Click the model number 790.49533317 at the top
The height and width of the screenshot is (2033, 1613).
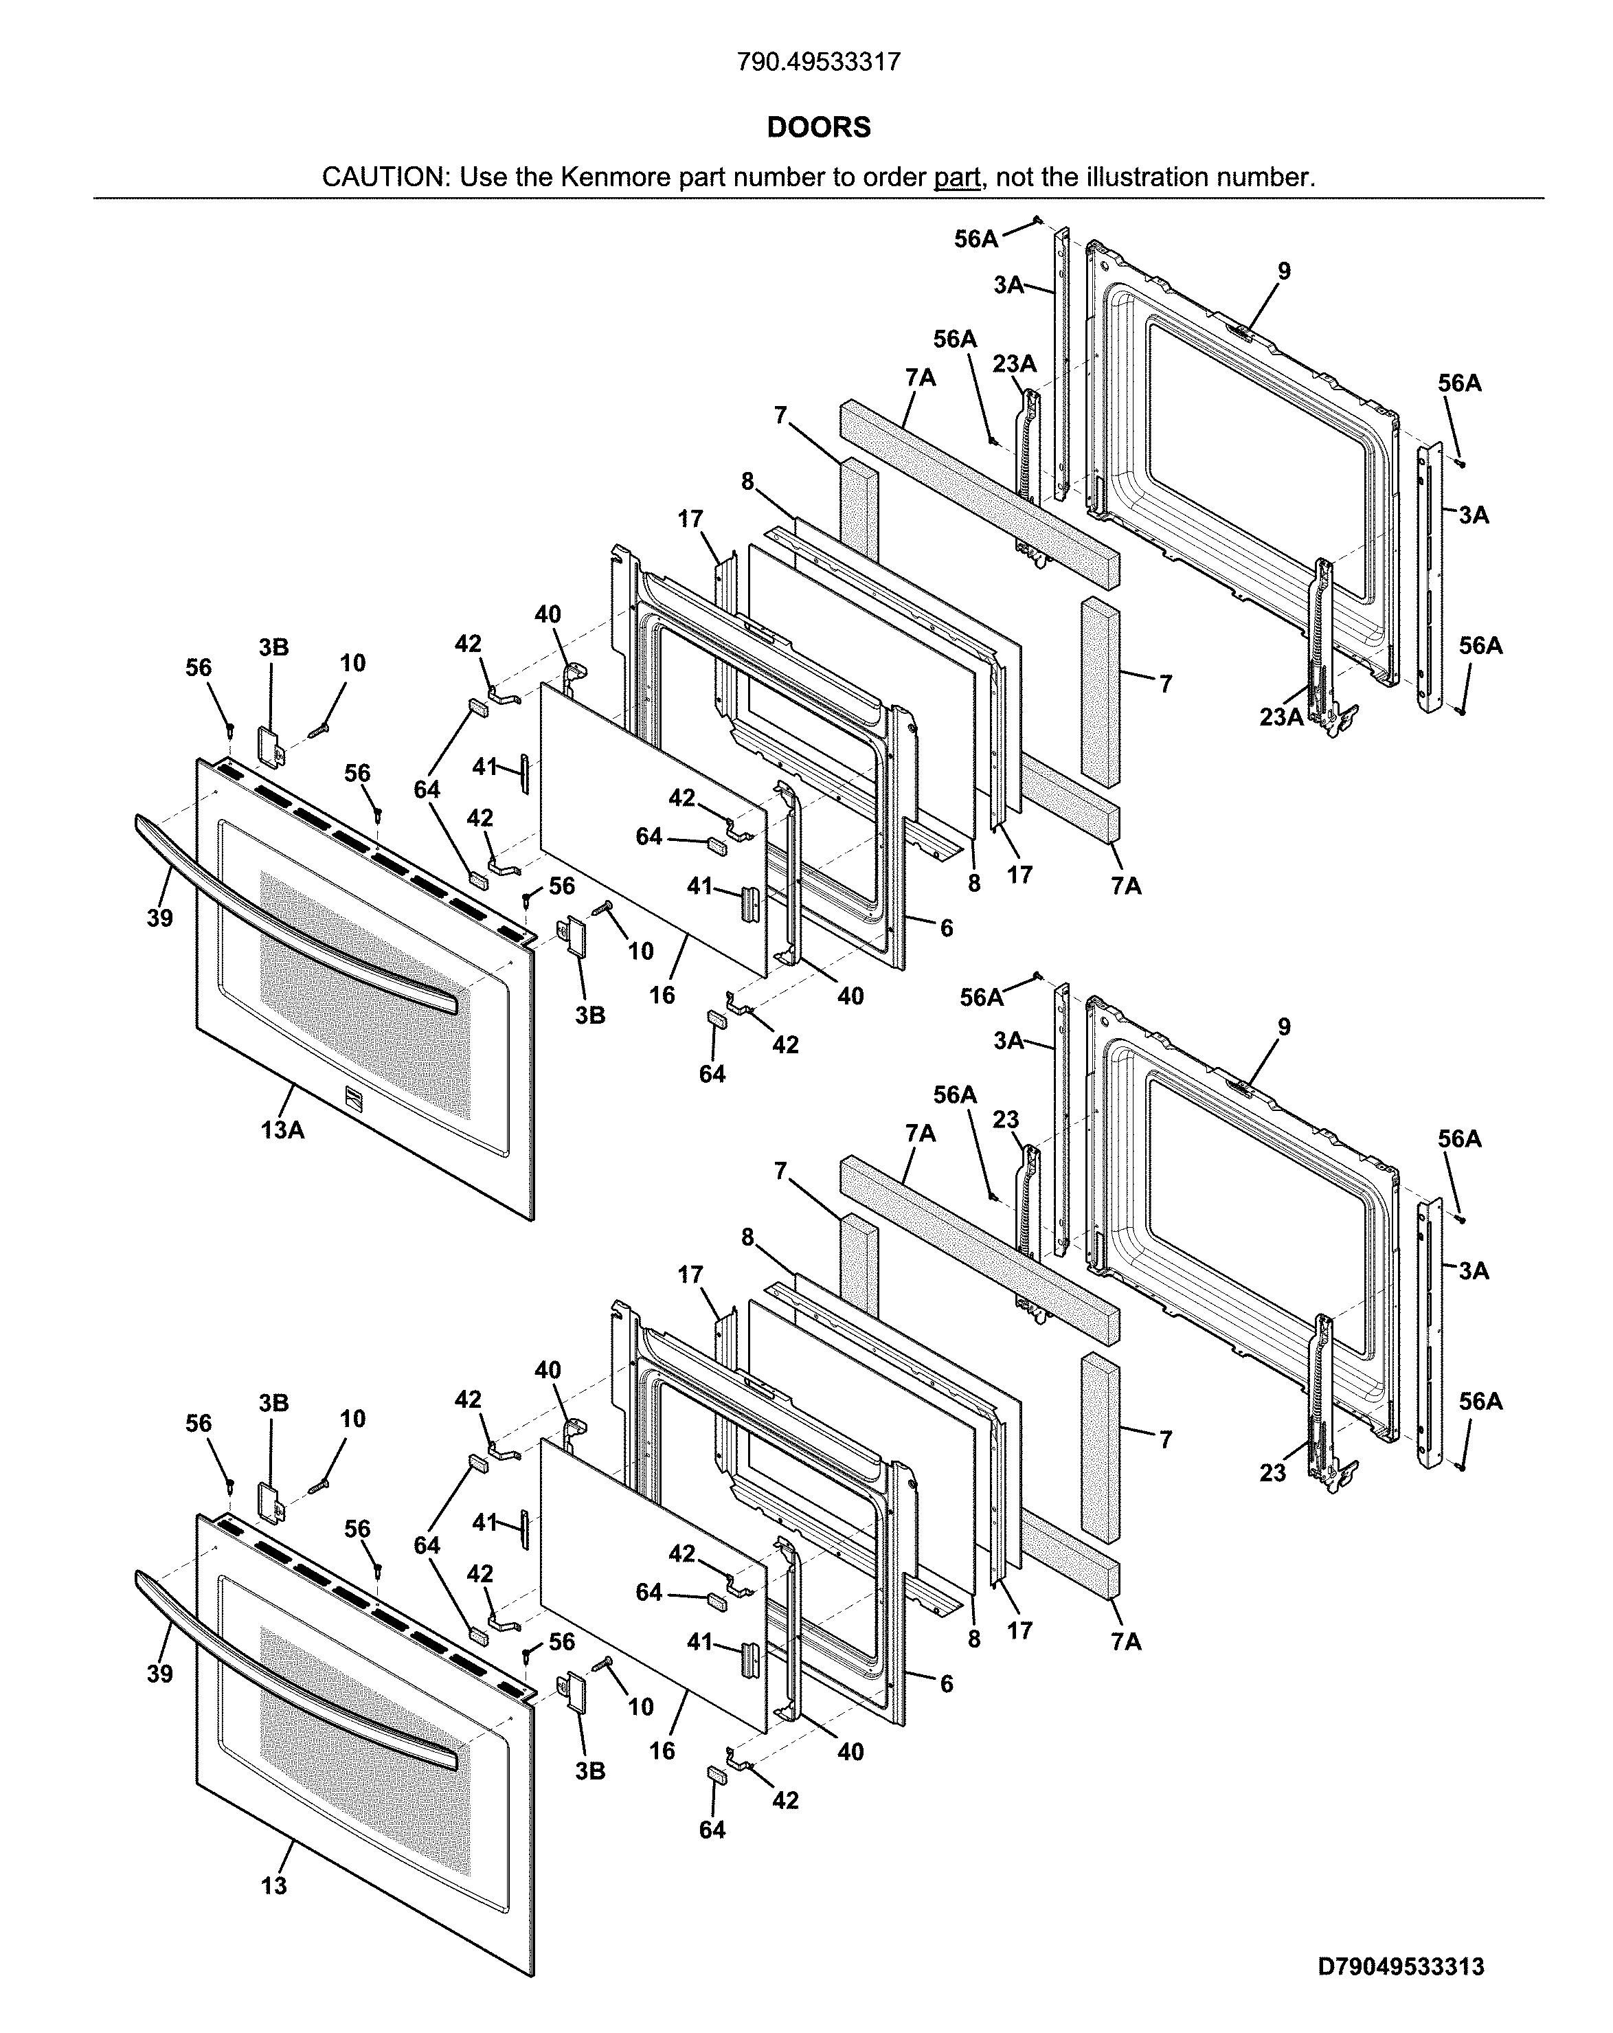[817, 63]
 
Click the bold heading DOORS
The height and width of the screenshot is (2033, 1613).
[817, 127]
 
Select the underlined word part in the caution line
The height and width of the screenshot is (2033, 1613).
[956, 177]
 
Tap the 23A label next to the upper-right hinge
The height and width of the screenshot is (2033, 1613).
[1281, 717]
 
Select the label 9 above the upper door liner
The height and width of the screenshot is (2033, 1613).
[1284, 271]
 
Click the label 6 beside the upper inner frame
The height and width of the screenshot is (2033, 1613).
[947, 928]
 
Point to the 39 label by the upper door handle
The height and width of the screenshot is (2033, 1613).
[159, 917]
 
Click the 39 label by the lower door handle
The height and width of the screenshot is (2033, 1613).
[159, 1674]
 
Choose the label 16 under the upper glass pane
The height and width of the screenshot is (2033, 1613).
[662, 995]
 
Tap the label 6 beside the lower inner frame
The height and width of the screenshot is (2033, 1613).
[947, 1684]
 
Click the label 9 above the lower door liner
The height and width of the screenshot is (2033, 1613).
[1284, 1027]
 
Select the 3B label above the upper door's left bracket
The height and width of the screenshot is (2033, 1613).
[273, 647]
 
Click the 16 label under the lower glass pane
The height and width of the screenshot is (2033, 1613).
[662, 1751]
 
